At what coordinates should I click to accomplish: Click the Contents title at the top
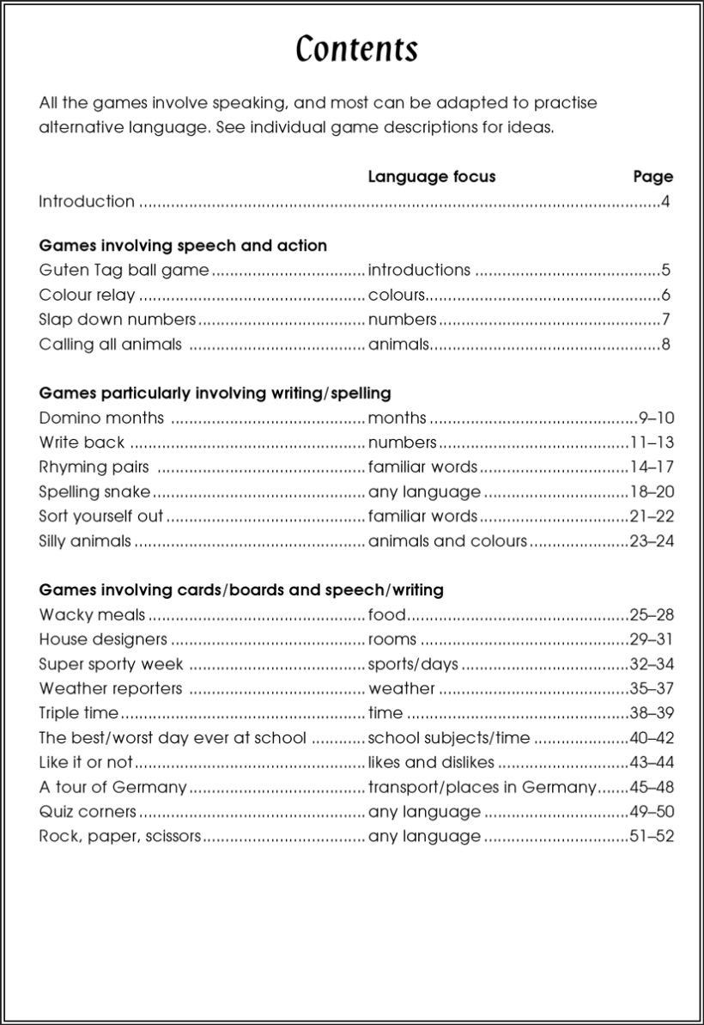tap(356, 50)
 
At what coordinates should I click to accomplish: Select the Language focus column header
tap(431, 177)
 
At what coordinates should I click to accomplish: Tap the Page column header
tap(652, 177)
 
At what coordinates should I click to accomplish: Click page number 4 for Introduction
tap(665, 202)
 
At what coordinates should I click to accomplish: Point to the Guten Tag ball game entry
tap(124, 271)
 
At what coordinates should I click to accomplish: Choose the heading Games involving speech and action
tap(183, 246)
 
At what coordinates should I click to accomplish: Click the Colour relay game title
tap(87, 296)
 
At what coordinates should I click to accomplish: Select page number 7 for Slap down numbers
tap(665, 320)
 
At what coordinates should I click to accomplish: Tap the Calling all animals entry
tap(110, 345)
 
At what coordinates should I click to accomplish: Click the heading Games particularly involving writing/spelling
tap(215, 394)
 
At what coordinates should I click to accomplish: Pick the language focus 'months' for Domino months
tap(397, 418)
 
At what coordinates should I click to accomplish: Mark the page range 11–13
tap(652, 443)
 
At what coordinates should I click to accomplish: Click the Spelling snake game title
tap(94, 492)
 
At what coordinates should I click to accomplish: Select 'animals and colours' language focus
tap(447, 541)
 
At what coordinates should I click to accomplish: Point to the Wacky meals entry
tap(92, 615)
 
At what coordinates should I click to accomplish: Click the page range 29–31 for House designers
tap(652, 640)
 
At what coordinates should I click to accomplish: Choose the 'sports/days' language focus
tap(413, 665)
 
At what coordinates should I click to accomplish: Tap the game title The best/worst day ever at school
tap(172, 738)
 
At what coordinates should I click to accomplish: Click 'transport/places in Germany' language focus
tap(482, 787)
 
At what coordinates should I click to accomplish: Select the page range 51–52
tap(652, 836)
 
